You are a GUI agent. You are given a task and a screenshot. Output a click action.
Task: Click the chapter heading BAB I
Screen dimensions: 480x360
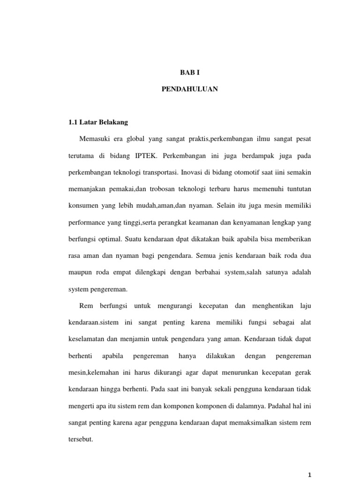click(190, 73)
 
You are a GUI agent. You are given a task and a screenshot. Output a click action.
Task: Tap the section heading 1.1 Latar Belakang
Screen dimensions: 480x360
click(98, 123)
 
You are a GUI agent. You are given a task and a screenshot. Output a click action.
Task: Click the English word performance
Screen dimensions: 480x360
click(88, 222)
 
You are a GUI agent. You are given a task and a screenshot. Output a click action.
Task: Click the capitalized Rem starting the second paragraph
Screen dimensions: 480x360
click(86, 306)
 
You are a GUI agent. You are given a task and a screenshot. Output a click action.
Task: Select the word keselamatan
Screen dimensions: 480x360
click(87, 339)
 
